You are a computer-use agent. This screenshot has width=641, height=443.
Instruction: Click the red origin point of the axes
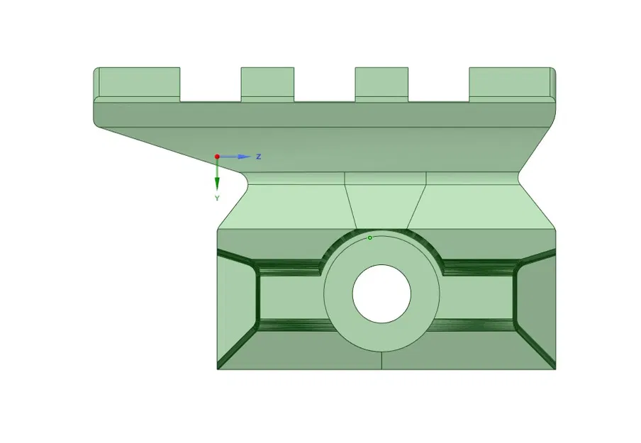pyautogui.click(x=217, y=157)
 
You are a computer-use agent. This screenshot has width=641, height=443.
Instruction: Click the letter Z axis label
pyautogui.click(x=259, y=156)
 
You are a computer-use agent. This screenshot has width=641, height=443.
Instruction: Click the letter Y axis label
pyautogui.click(x=217, y=198)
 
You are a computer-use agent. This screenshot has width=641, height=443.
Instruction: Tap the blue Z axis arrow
pyautogui.click(x=241, y=156)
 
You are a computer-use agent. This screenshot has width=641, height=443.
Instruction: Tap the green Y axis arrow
pyautogui.click(x=217, y=180)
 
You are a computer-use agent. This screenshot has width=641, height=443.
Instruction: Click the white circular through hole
pyautogui.click(x=381, y=293)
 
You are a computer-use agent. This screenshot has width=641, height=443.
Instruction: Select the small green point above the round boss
pyautogui.click(x=369, y=237)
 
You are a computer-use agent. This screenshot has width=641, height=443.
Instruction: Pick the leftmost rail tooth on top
pyautogui.click(x=138, y=84)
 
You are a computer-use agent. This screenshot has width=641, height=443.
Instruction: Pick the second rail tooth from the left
pyautogui.click(x=267, y=84)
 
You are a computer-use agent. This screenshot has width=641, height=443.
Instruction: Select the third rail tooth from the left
pyautogui.click(x=381, y=84)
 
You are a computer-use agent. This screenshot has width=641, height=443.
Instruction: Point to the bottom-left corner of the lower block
pyautogui.click(x=218, y=369)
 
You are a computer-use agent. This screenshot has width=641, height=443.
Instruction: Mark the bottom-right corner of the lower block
pyautogui.click(x=554, y=369)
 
